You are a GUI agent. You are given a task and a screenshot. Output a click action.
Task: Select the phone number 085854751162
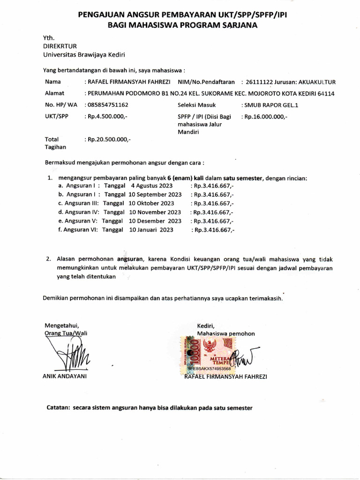pos(108,105)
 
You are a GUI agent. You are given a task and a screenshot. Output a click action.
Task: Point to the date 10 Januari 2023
pos(151,230)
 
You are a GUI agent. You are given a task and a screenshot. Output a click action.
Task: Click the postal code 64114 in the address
pos(325,94)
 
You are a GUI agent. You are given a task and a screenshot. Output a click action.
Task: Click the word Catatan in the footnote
pos(57,408)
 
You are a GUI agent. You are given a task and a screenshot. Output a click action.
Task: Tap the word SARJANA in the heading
pos(238,26)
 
